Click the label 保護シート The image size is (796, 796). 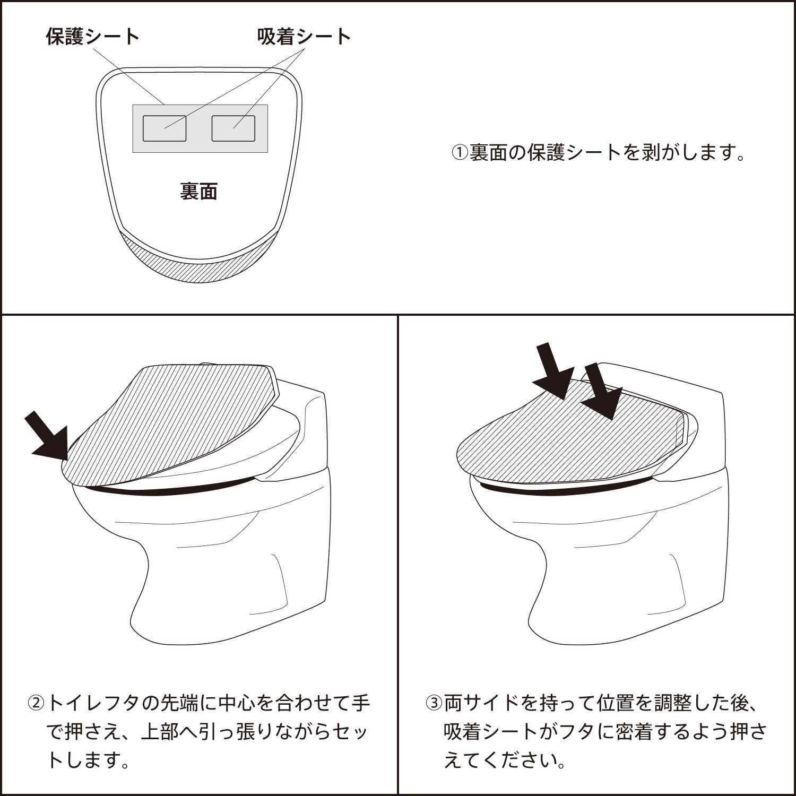click(93, 37)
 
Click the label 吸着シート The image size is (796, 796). click(304, 37)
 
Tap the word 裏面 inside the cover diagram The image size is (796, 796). click(198, 192)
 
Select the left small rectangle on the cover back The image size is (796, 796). click(165, 128)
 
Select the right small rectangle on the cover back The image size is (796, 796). click(233, 128)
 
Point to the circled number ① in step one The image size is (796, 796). click(460, 153)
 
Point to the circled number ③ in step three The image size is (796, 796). click(434, 704)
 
